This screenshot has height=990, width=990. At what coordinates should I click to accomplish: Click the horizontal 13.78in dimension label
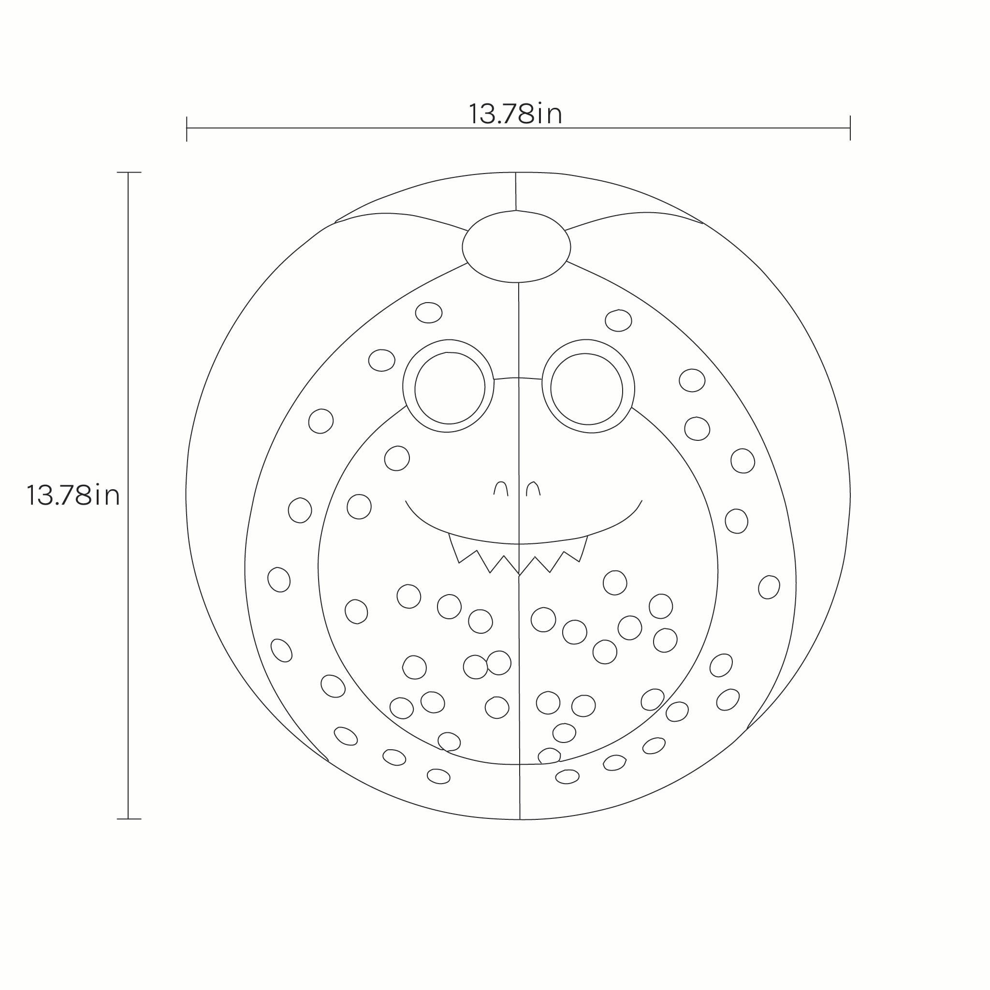click(x=515, y=114)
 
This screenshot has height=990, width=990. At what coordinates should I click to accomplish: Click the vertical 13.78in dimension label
click(x=73, y=495)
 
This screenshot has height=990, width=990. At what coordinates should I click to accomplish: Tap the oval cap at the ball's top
click(x=516, y=247)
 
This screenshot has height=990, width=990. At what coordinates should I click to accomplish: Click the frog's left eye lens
click(x=450, y=388)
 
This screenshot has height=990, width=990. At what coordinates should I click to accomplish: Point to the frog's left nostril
click(x=501, y=488)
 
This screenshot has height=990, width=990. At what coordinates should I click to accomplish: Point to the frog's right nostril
click(x=534, y=488)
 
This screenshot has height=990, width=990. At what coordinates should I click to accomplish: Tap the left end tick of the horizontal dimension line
click(x=187, y=128)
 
